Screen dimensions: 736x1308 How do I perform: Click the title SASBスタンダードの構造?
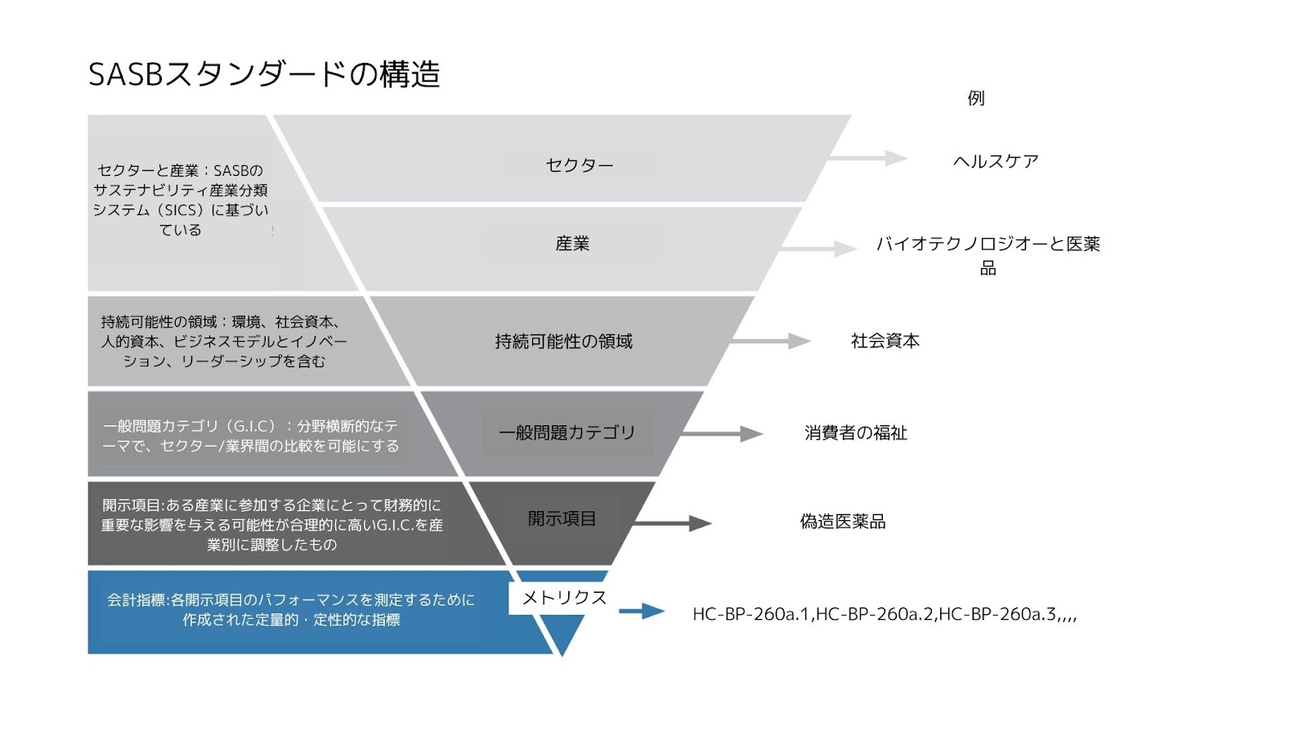[264, 74]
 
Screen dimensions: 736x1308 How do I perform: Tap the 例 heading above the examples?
[976, 98]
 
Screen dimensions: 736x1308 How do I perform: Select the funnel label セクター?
[580, 165]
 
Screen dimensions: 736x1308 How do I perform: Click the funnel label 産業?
[572, 244]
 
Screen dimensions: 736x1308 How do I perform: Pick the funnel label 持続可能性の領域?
[563, 342]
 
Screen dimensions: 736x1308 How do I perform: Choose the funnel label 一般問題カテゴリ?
[567, 433]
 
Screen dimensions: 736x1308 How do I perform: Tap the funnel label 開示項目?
[562, 518]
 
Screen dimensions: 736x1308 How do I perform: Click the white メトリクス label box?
[564, 598]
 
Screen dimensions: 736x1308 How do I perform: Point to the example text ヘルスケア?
[996, 161]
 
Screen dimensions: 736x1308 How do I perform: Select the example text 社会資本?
[885, 341]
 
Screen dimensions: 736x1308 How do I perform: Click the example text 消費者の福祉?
[856, 433]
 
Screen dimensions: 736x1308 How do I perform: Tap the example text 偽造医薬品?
[843, 522]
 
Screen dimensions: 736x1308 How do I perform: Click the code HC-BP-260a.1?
[751, 614]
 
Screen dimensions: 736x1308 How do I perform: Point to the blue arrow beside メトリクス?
[642, 611]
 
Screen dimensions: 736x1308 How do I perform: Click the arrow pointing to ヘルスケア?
[870, 159]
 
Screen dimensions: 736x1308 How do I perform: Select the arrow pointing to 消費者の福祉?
[722, 433]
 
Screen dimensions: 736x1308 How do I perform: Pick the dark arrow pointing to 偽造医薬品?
[671, 523]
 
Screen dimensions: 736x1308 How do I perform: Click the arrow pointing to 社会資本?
[770, 341]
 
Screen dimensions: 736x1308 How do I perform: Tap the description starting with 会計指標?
[291, 610]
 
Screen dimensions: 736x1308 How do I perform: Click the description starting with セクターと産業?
[181, 200]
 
